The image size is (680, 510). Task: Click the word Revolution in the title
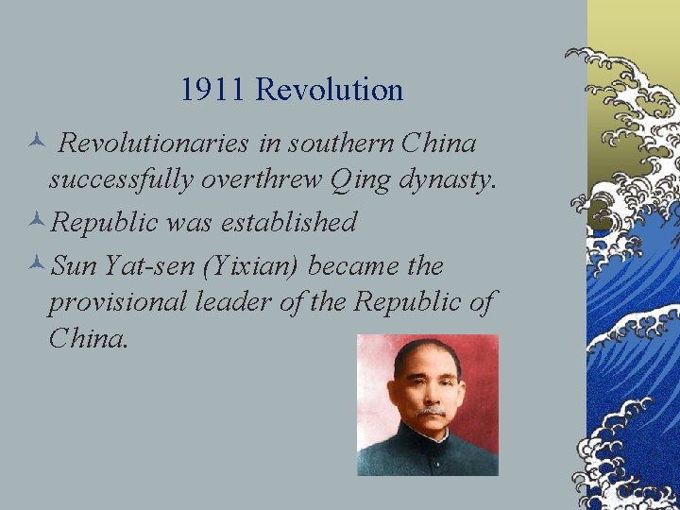[329, 90]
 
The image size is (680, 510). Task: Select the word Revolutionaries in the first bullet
[153, 144]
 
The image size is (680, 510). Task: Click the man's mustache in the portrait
[432, 412]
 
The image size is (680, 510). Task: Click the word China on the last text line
[87, 337]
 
